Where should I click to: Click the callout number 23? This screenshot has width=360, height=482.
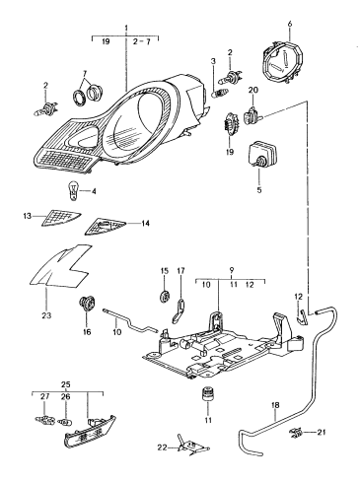[46, 315]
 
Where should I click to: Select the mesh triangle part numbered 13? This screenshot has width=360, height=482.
[61, 218]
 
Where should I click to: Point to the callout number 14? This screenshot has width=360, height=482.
[145, 224]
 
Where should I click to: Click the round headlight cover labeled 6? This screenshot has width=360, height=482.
[283, 62]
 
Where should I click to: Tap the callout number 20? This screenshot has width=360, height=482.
[253, 90]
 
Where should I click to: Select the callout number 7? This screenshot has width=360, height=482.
[85, 73]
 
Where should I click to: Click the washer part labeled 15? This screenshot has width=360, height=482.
[165, 296]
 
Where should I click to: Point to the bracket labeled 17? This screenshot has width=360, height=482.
[179, 310]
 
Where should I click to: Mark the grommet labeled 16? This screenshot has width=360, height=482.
[87, 303]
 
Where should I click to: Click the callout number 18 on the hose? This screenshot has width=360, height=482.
[275, 405]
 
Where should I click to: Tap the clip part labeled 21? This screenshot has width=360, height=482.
[296, 434]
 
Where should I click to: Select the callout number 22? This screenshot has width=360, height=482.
[163, 448]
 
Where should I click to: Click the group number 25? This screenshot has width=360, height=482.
[66, 384]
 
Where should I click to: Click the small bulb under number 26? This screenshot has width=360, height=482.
[65, 421]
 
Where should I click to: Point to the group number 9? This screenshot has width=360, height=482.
[232, 270]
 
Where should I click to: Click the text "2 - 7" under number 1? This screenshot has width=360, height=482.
[142, 41]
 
